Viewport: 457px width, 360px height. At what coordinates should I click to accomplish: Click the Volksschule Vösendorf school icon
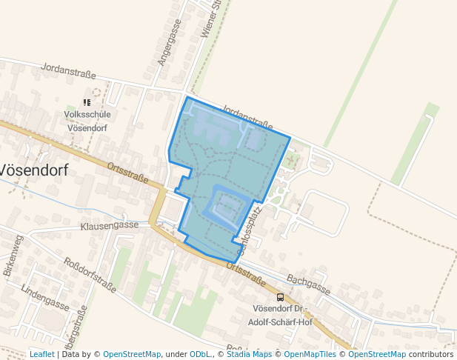pos(87,103)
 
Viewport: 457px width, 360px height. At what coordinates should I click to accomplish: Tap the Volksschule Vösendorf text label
pos(88,121)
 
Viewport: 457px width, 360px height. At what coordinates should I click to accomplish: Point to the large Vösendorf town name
pos(33,170)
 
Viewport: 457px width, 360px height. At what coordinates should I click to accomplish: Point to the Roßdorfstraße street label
pos(90,276)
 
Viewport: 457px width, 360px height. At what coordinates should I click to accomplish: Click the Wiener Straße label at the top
pos(211,19)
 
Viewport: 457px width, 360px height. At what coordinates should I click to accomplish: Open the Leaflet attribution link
pos(41,354)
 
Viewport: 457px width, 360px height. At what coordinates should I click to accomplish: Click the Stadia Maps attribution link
pos(249,354)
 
